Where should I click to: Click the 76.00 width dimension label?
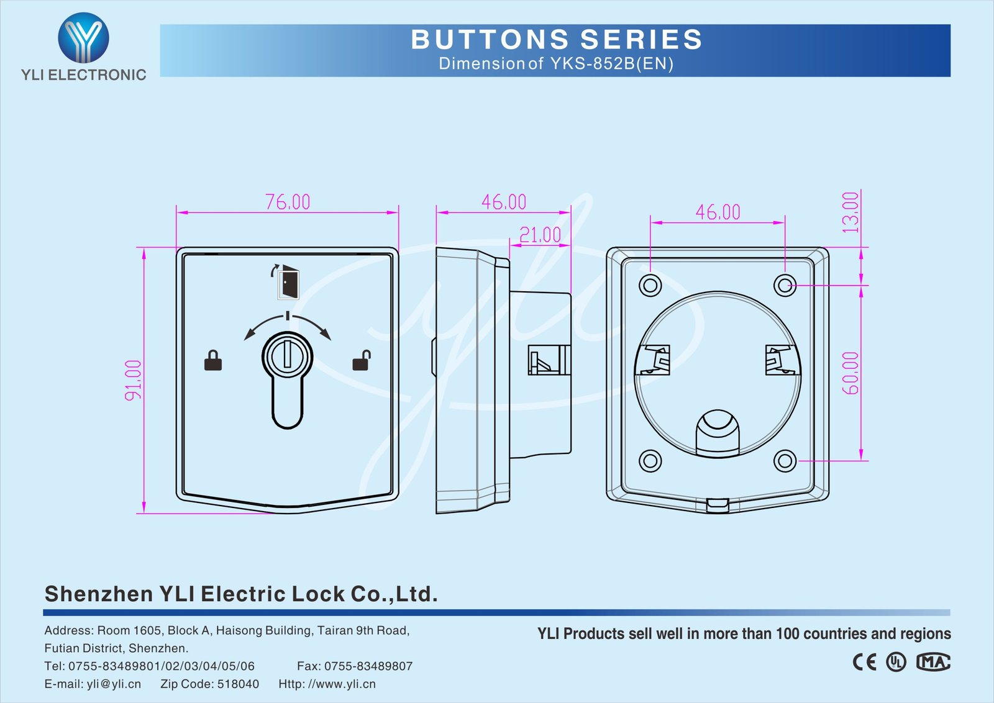click(288, 202)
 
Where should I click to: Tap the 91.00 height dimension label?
click(134, 379)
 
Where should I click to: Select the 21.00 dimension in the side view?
click(540, 235)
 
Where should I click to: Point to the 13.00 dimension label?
click(851, 212)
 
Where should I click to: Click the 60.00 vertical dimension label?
click(851, 373)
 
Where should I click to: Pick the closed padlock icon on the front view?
click(213, 361)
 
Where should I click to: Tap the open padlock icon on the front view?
click(361, 360)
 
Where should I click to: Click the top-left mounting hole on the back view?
click(650, 286)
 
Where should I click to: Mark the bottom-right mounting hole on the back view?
click(785, 461)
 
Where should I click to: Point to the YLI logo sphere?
click(83, 39)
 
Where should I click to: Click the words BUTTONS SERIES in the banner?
click(557, 40)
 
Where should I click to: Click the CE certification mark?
click(864, 662)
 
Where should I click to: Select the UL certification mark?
click(896, 662)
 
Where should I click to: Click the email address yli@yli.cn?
click(114, 684)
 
